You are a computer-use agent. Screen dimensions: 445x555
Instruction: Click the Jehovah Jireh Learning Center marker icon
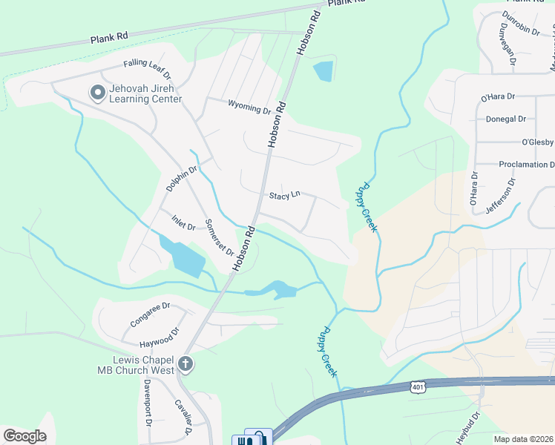click(97, 93)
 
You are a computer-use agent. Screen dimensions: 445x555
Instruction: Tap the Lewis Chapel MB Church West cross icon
click(185, 364)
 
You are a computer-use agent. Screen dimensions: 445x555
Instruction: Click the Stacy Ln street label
click(284, 196)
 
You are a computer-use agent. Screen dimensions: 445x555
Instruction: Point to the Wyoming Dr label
click(249, 109)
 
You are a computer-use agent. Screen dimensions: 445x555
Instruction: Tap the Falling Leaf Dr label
click(147, 69)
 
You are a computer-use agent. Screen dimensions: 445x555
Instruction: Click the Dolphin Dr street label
click(181, 179)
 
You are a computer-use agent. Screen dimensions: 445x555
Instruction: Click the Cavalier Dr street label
click(183, 418)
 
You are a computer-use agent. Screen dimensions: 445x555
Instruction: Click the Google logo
click(24, 435)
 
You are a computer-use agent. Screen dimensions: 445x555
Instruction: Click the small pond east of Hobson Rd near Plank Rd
click(324, 71)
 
